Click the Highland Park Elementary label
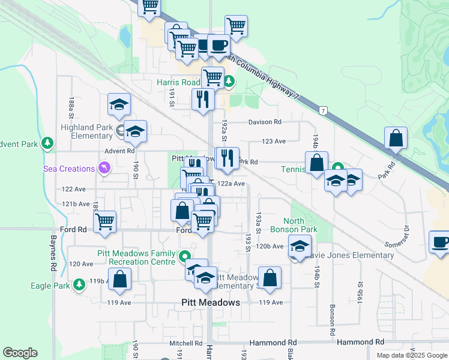(88, 131)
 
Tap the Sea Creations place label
(68, 169)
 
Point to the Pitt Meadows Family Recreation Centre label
(137, 257)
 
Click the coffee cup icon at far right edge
(440, 242)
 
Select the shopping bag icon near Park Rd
(396, 138)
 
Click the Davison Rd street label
(265, 122)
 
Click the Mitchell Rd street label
(185, 343)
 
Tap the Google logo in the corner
(20, 353)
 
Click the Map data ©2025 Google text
(411, 355)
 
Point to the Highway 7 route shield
(324, 111)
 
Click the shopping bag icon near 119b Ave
(120, 278)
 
